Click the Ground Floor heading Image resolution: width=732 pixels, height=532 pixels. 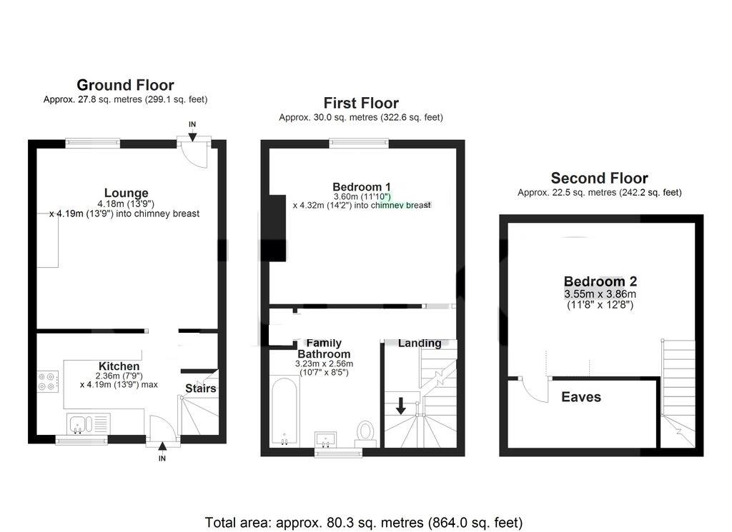[125, 86]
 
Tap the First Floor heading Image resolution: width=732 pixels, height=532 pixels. [361, 103]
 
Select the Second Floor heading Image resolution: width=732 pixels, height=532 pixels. [599, 178]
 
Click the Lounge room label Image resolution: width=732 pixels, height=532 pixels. [126, 193]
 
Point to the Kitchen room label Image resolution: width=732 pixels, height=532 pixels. [119, 366]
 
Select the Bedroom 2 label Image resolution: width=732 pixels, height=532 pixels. [600, 281]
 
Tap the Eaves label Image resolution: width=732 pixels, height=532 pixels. [581, 397]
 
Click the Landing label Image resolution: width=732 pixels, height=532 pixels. [420, 343]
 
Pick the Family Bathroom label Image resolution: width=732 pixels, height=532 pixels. [324, 348]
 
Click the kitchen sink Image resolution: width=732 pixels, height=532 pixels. [87, 423]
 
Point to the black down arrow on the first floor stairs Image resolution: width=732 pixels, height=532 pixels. [400, 406]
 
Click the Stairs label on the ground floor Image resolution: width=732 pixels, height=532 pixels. [200, 388]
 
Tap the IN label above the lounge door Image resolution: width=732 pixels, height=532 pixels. [192, 124]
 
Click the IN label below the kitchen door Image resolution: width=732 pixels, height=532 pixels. [162, 458]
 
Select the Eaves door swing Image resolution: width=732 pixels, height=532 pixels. [532, 390]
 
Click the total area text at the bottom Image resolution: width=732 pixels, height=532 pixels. [364, 522]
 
